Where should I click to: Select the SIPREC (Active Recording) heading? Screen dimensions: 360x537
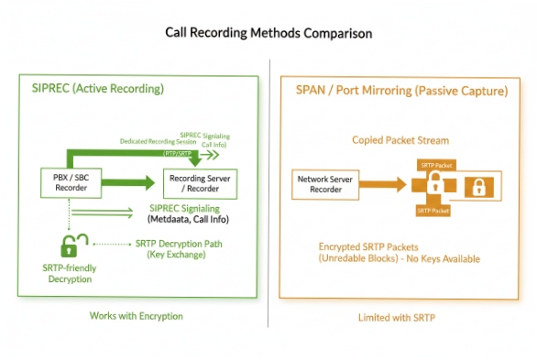[90, 89]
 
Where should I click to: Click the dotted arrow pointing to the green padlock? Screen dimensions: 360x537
[115, 245]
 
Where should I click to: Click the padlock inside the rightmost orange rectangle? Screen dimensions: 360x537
[477, 188]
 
